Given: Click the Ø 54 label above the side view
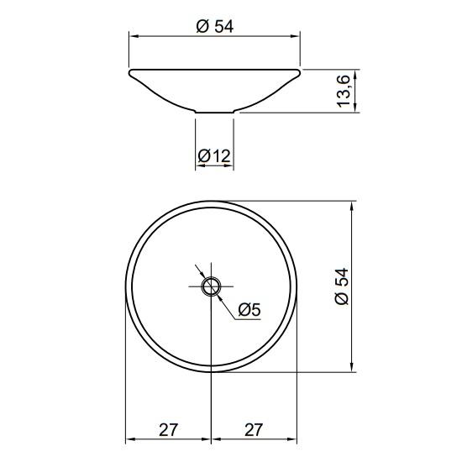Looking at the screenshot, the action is tap(215, 26).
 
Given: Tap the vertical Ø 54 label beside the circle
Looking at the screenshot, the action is tap(342, 286).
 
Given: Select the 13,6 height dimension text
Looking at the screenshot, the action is tap(343, 92).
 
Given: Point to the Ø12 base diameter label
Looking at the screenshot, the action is tap(214, 155).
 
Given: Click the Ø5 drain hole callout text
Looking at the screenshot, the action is tap(249, 310).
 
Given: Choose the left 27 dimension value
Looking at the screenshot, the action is tap(169, 430).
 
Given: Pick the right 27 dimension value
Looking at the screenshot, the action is tap(253, 430).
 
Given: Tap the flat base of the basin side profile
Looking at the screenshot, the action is tap(214, 113).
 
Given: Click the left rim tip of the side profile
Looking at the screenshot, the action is tap(129, 71).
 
